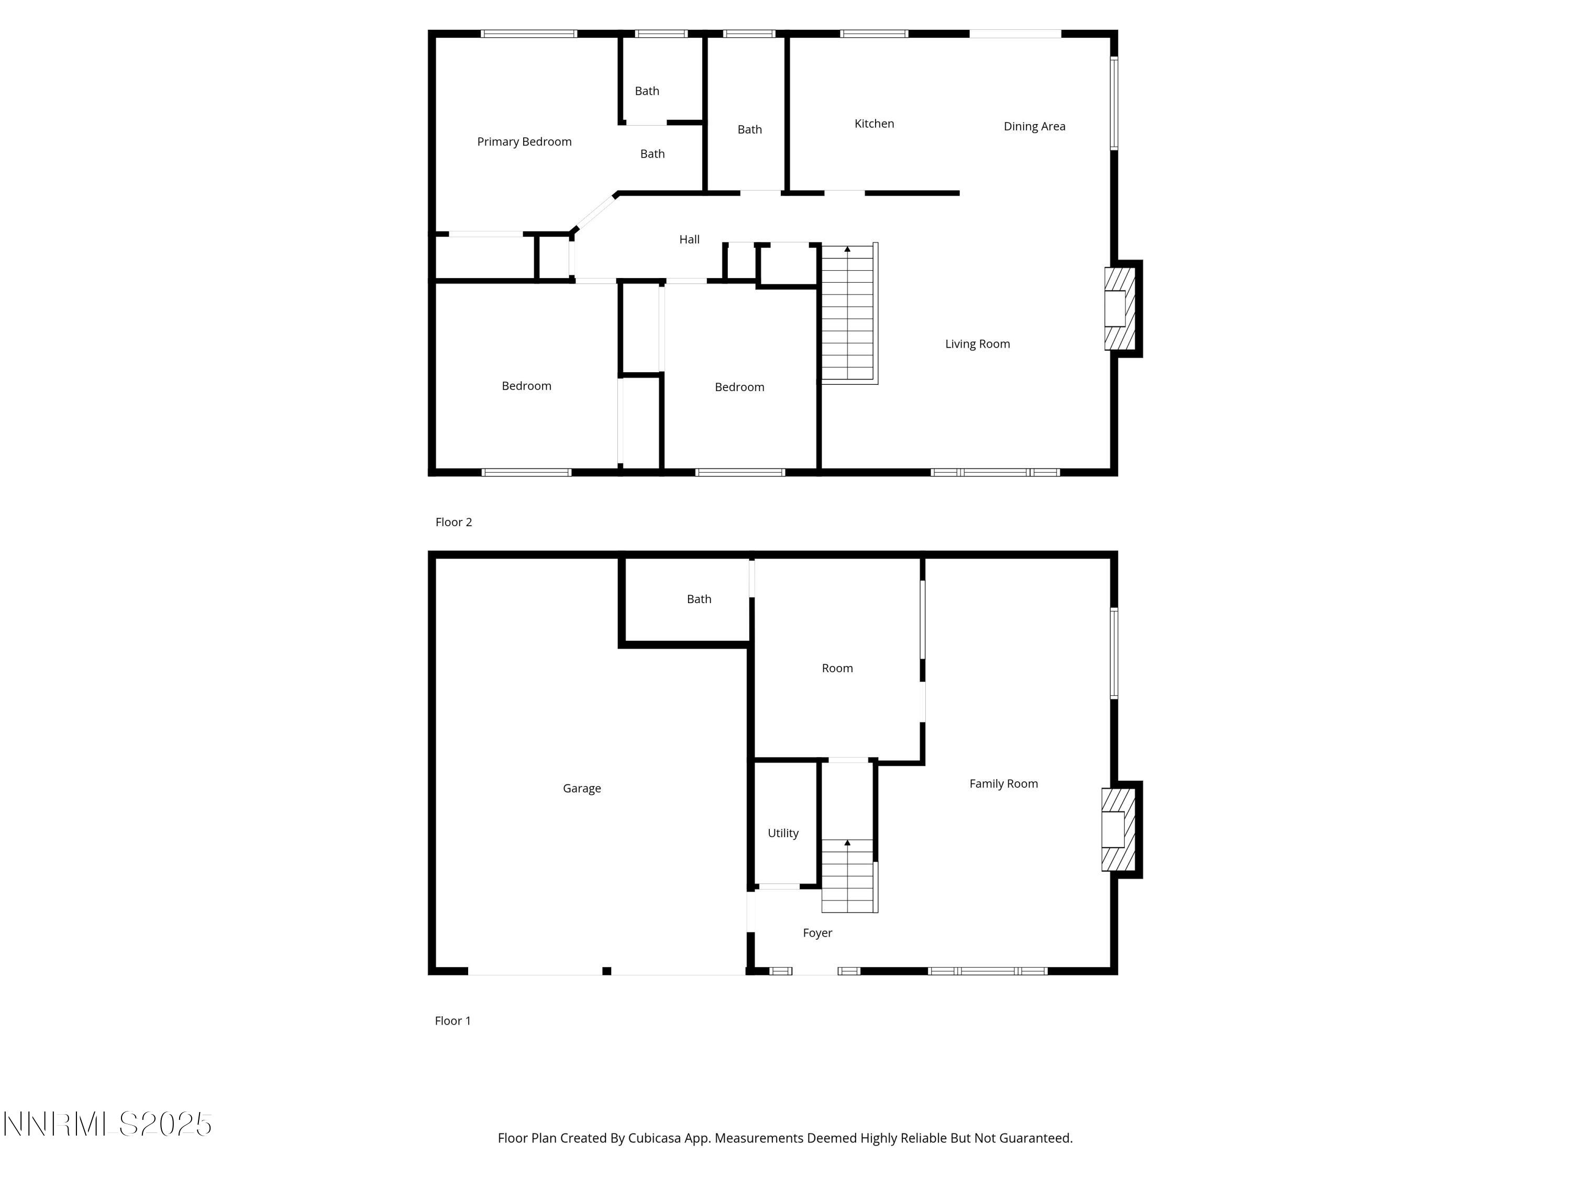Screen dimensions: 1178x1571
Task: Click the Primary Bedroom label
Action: pyautogui.click(x=524, y=142)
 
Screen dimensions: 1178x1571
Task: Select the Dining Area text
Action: pyautogui.click(x=1034, y=126)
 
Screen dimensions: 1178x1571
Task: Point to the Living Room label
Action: pyautogui.click(x=977, y=343)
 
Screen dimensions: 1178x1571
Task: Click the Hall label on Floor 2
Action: pyautogui.click(x=689, y=239)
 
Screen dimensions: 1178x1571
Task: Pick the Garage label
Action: pyautogui.click(x=582, y=788)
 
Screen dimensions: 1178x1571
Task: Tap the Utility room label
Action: pyautogui.click(x=783, y=833)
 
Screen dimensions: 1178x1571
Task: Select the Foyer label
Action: pyautogui.click(x=817, y=933)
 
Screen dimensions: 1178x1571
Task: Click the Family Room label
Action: pyautogui.click(x=1003, y=784)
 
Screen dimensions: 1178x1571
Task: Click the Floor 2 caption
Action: pyautogui.click(x=453, y=522)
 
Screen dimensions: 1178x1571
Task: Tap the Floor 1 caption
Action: pyautogui.click(x=452, y=1020)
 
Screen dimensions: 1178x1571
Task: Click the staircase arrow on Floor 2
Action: pyautogui.click(x=847, y=249)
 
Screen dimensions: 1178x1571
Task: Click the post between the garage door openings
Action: pyautogui.click(x=606, y=971)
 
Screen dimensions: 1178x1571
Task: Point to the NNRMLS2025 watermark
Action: pyautogui.click(x=108, y=1124)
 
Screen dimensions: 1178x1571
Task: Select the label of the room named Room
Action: pyautogui.click(x=837, y=668)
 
